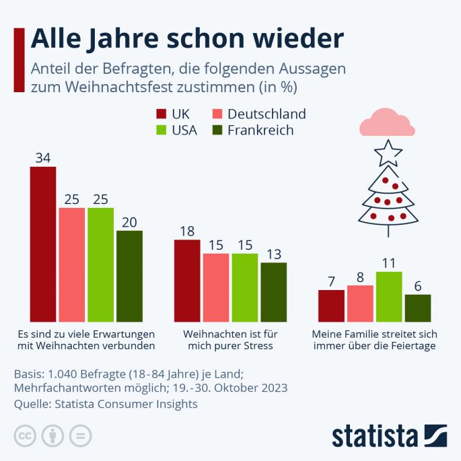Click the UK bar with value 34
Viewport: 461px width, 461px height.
pos(43,244)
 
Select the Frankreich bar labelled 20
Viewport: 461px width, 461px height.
pos(129,276)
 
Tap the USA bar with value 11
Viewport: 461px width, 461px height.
pos(389,297)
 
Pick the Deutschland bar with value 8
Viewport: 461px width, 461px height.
pos(360,304)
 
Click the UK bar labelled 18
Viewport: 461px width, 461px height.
pos(187,281)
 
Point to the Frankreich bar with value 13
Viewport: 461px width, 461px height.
pos(273,292)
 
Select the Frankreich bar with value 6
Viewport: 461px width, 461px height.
pos(418,308)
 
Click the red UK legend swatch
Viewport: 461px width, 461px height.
pos(162,114)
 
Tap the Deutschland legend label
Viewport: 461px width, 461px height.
pos(267,114)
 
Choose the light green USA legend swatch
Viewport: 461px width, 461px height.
pos(162,131)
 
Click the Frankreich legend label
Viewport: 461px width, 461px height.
pos(260,131)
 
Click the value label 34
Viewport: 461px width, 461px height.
pos(43,158)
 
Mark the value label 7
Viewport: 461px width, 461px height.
pos(331,281)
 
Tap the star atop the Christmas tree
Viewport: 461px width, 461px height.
pos(388,153)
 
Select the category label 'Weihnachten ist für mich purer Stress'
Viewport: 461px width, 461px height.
pos(229,339)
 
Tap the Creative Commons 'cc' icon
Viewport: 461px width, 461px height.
pos(25,435)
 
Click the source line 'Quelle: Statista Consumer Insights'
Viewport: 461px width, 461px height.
pos(106,404)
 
